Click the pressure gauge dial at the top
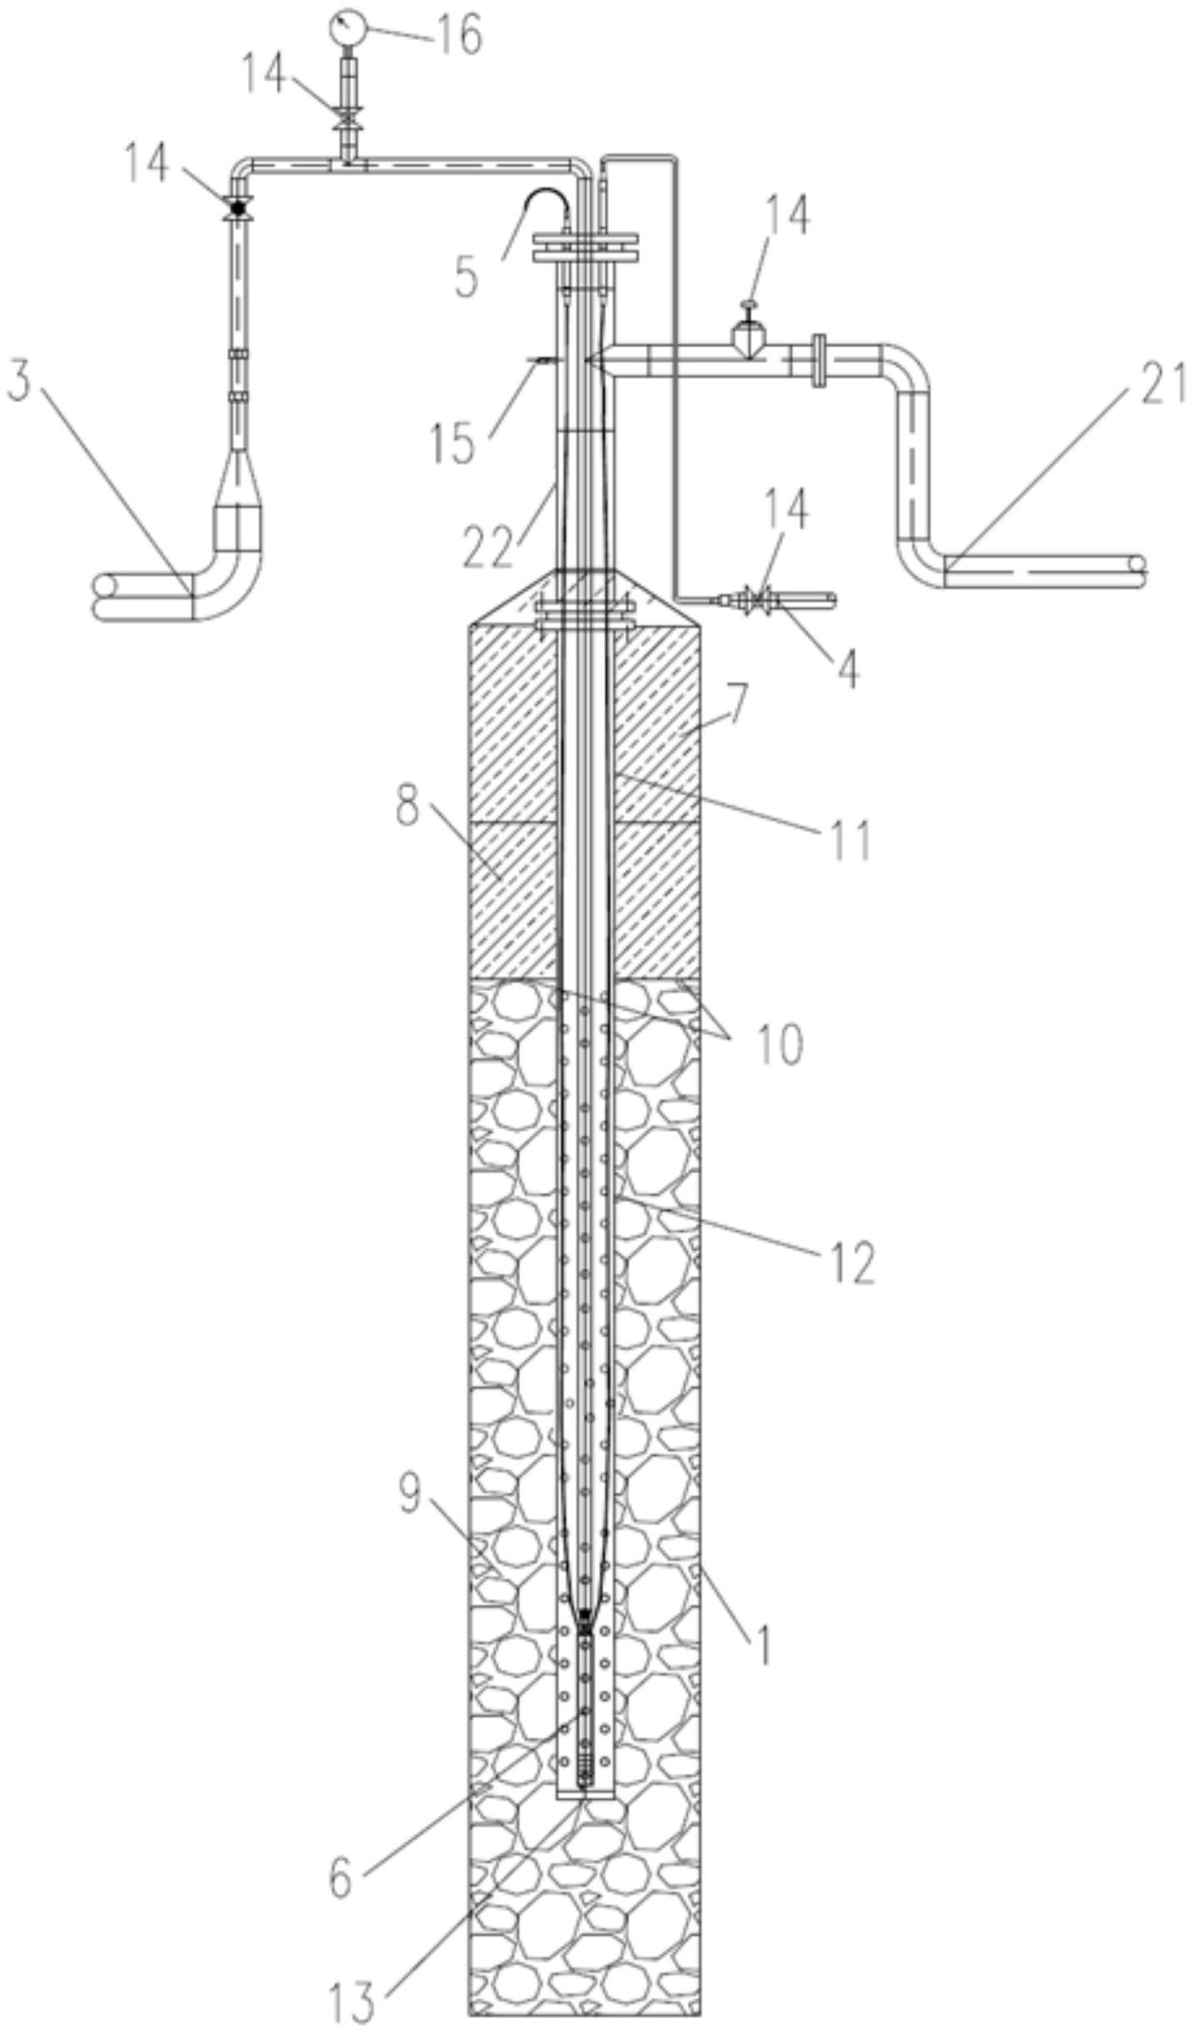[x=347, y=27]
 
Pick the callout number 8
[x=406, y=805]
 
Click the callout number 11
[x=851, y=839]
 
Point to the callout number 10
[x=779, y=1044]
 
